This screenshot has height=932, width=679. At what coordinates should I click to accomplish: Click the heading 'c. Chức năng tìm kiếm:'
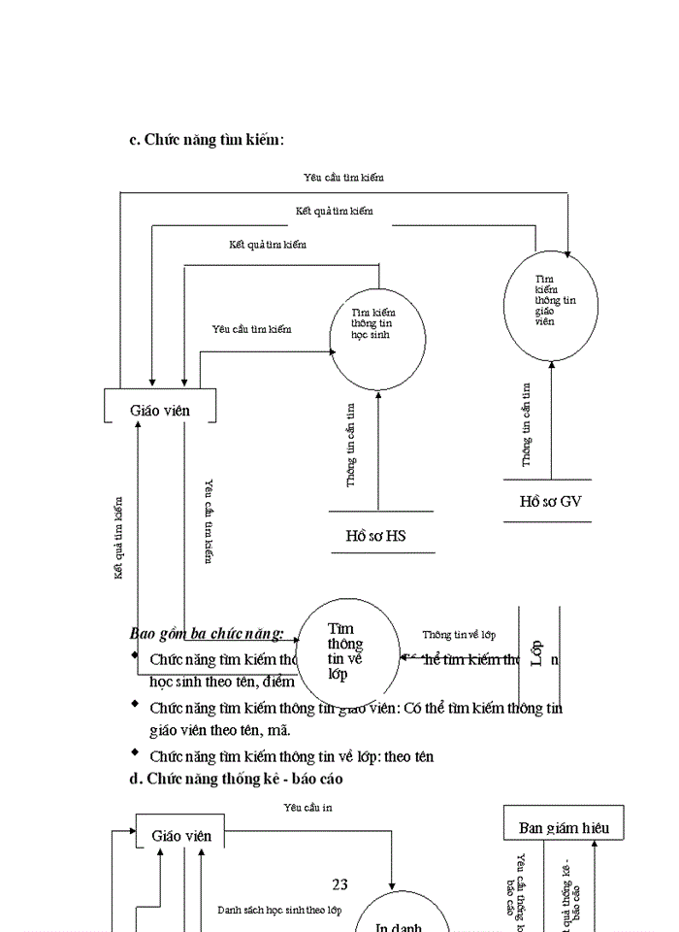click(x=207, y=140)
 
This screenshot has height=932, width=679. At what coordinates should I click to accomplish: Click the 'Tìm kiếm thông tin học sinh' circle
click(x=377, y=336)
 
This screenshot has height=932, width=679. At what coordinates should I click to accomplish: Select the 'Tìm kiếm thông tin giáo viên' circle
click(x=551, y=304)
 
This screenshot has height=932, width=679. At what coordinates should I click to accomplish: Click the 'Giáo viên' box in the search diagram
click(x=160, y=410)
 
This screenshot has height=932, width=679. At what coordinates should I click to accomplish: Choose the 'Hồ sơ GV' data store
click(x=549, y=501)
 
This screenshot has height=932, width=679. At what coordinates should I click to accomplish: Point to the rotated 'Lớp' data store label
click(x=537, y=654)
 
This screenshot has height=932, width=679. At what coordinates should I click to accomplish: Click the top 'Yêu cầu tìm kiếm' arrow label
click(x=344, y=178)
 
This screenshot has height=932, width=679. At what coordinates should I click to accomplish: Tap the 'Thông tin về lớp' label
click(x=459, y=635)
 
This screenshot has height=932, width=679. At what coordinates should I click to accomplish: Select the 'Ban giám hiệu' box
click(x=564, y=827)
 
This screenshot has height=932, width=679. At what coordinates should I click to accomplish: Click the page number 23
click(x=339, y=883)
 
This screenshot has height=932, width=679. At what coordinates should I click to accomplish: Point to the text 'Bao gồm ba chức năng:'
click(x=206, y=634)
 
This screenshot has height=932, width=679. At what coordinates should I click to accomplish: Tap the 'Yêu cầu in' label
click(x=307, y=807)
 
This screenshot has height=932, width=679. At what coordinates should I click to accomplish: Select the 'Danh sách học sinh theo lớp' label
click(x=279, y=911)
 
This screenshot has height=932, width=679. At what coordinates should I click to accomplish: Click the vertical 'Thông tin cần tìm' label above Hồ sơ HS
click(x=350, y=446)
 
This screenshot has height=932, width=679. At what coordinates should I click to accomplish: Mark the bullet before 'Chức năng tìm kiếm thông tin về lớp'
click(x=135, y=753)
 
